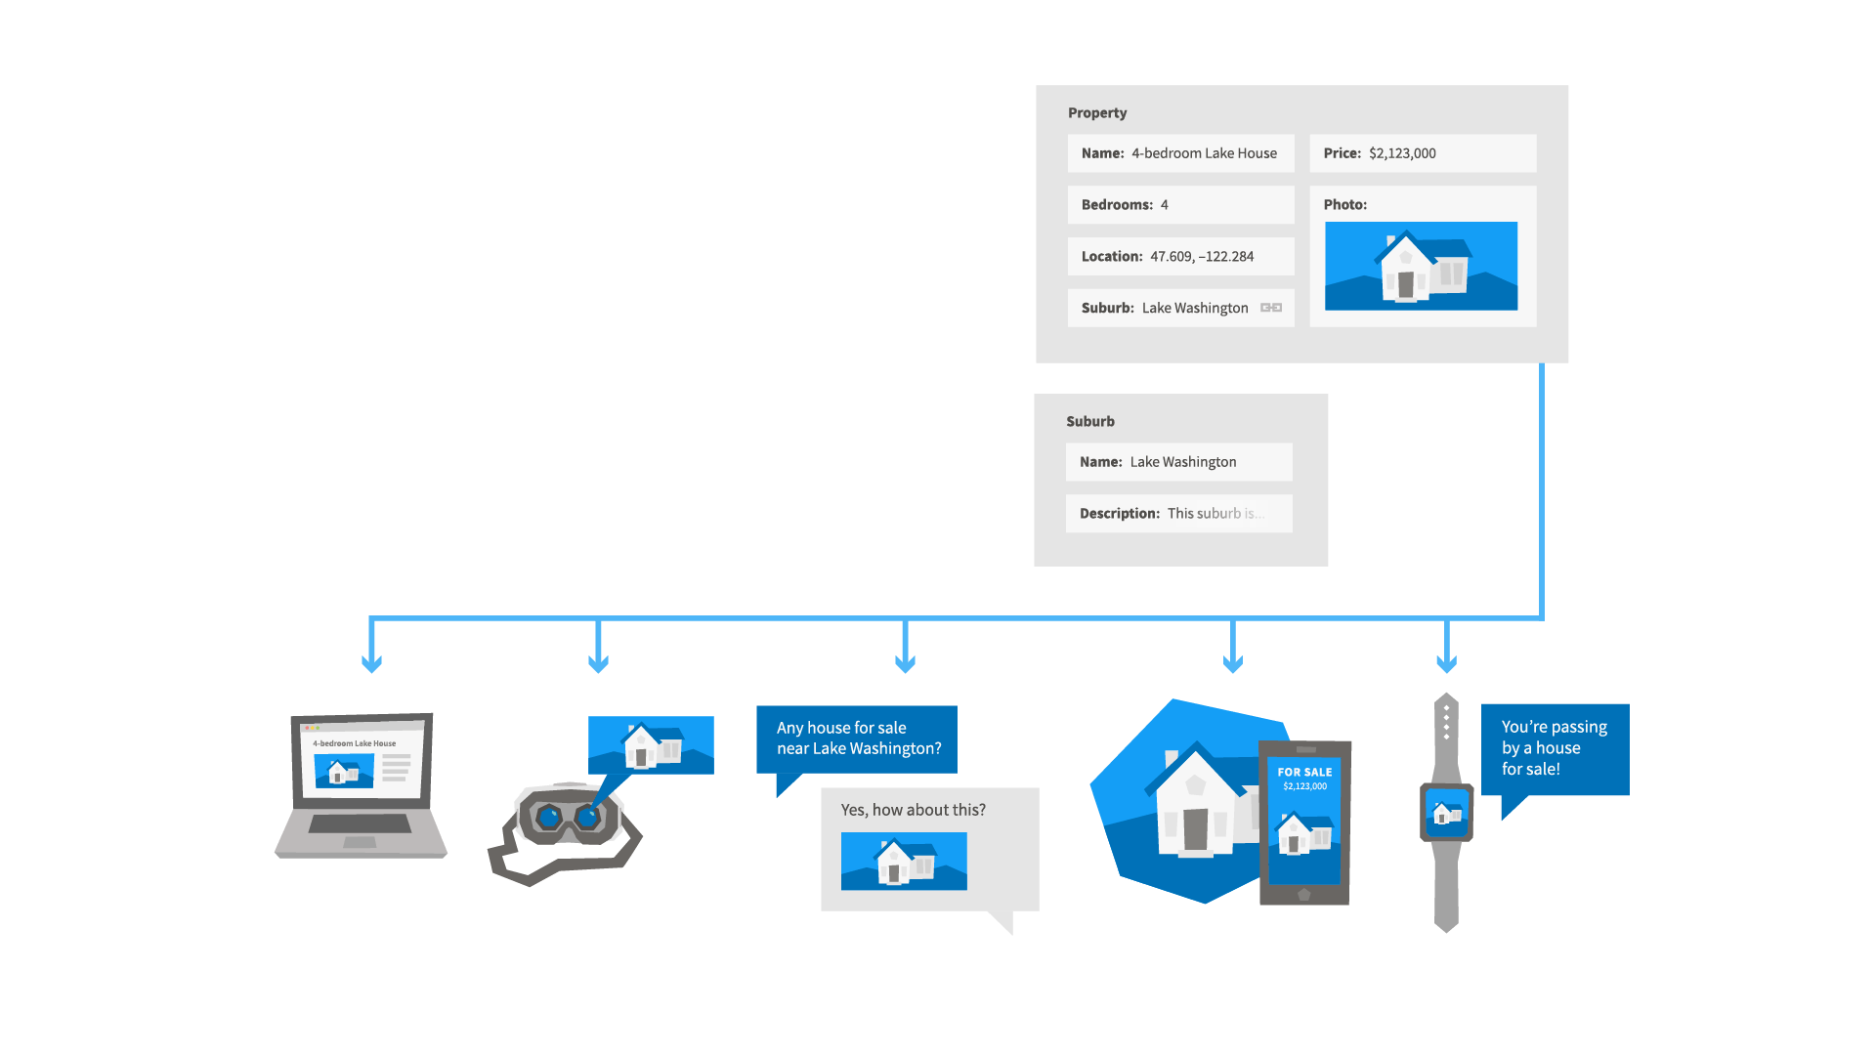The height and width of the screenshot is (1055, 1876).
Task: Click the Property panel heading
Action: pyautogui.click(x=1096, y=113)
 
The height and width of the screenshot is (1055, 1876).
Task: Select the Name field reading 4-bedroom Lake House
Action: pyautogui.click(x=1179, y=153)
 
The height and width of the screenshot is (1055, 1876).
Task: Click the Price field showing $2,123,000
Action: pyautogui.click(x=1422, y=153)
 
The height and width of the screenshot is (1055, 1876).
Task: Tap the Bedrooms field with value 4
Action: pyautogui.click(x=1179, y=205)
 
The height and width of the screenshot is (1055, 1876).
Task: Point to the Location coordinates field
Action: pyautogui.click(x=1179, y=257)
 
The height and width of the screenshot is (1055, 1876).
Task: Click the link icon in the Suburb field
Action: pyautogui.click(x=1270, y=308)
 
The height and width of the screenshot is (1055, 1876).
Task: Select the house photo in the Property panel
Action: pyautogui.click(x=1421, y=266)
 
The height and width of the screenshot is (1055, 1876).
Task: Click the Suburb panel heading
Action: pyautogui.click(x=1089, y=422)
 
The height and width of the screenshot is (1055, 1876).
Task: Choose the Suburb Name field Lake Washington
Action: pyautogui.click(x=1178, y=462)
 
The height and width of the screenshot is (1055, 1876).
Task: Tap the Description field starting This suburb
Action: pyautogui.click(x=1178, y=514)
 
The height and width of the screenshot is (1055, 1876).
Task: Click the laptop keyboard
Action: pyautogui.click(x=360, y=823)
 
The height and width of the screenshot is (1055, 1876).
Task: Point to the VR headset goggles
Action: pyautogui.click(x=568, y=817)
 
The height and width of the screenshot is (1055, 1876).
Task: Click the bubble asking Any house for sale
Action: pyautogui.click(x=856, y=739)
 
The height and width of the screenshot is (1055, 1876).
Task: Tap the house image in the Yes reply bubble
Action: pyautogui.click(x=904, y=861)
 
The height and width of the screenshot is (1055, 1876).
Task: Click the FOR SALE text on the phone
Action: pyautogui.click(x=1304, y=772)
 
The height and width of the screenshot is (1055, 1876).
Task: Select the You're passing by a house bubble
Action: pyautogui.click(x=1554, y=748)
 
